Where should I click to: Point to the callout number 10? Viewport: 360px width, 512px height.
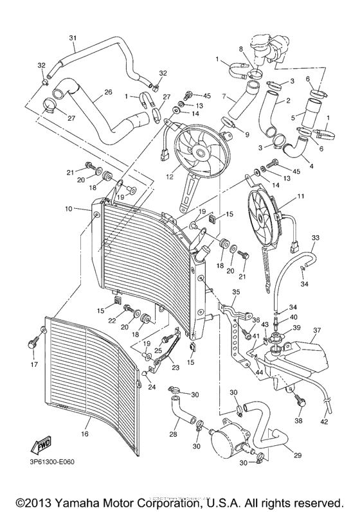(x=67, y=209)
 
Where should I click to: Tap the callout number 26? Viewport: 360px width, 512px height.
(x=107, y=92)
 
